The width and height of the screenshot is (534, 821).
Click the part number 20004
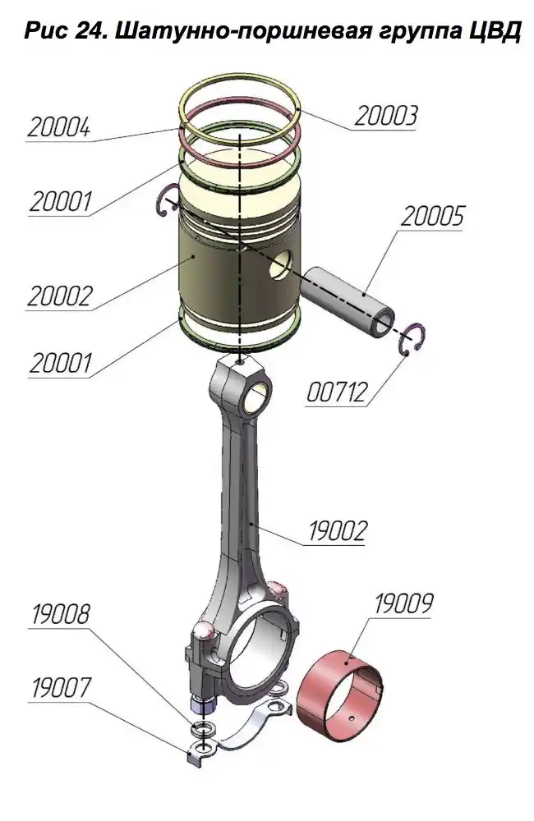click(x=58, y=128)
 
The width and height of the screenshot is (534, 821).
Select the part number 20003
click(x=387, y=117)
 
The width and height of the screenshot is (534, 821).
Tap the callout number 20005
click(x=433, y=216)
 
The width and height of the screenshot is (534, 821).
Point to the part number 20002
click(x=59, y=296)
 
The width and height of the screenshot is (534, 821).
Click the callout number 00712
click(x=337, y=392)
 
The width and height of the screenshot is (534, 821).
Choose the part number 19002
click(x=337, y=531)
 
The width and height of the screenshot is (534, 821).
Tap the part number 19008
click(x=61, y=614)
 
